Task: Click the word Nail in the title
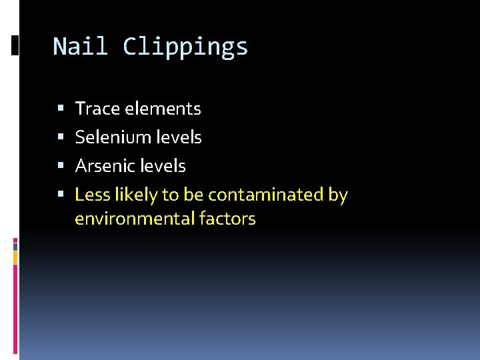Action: click(81, 47)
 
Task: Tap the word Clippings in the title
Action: click(185, 47)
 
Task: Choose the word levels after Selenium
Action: click(179, 137)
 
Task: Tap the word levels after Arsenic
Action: click(163, 166)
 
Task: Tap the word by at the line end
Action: click(338, 195)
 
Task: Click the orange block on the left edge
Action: click(15, 257)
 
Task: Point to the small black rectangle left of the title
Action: click(15, 45)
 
